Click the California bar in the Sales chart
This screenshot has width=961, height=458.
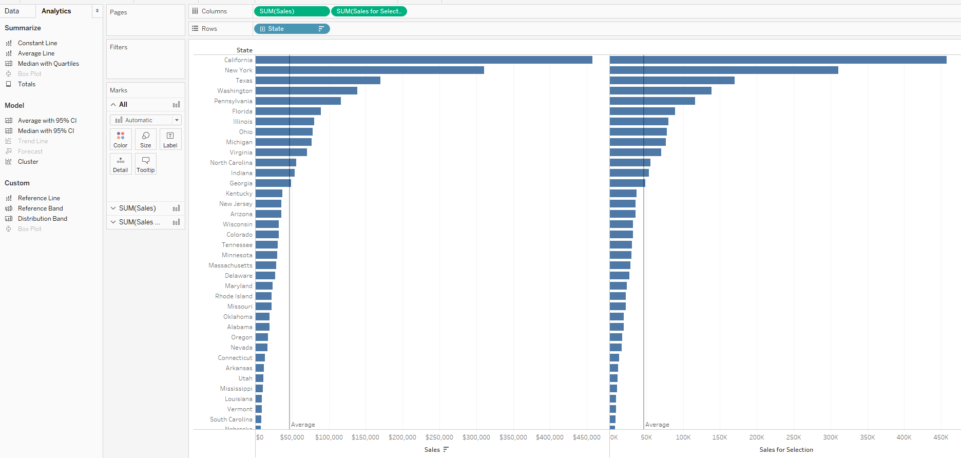(x=424, y=60)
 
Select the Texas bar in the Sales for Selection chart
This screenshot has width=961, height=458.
(x=671, y=81)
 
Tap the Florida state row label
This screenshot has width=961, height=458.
(x=242, y=111)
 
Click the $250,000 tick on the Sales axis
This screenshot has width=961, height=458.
(x=439, y=437)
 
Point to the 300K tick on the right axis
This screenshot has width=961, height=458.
(x=830, y=437)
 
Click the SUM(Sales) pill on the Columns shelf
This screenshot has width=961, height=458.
(x=291, y=11)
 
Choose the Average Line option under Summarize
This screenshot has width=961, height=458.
(x=36, y=53)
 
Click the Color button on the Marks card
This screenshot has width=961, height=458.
(x=121, y=139)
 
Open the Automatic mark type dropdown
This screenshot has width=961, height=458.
(x=146, y=120)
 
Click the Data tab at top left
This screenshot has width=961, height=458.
(x=12, y=11)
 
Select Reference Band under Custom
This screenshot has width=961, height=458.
(x=40, y=208)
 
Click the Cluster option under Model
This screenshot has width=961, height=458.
(x=28, y=162)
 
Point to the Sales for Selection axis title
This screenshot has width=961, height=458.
(x=786, y=450)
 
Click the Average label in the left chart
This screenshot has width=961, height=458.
(x=303, y=425)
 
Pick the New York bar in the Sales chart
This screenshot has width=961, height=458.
(x=370, y=70)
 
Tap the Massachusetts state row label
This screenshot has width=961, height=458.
(x=230, y=265)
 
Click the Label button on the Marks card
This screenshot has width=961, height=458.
(x=170, y=139)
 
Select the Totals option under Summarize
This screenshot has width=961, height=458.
(x=26, y=84)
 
